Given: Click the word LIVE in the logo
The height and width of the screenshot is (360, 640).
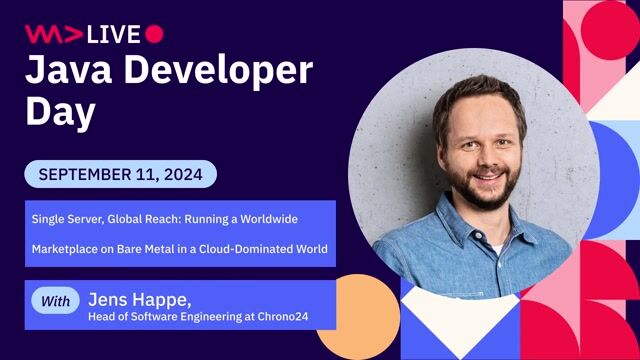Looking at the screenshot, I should (113, 34).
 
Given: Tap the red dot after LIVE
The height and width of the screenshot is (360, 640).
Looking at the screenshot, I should (154, 34).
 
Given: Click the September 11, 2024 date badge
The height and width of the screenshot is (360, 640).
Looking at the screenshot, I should (120, 174).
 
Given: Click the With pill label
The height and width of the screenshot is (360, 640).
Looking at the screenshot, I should (57, 300).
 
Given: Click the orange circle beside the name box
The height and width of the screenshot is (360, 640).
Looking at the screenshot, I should (358, 318).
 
